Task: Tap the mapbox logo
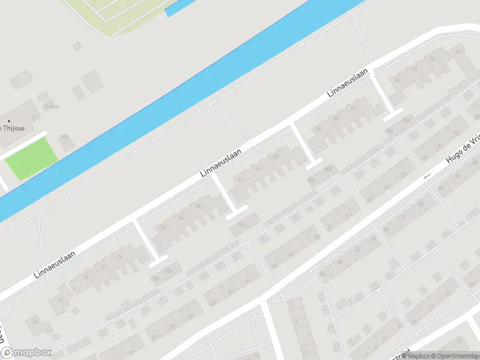point(26,353)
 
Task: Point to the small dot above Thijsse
point(8,121)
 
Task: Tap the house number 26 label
point(120,256)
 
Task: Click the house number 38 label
point(198,206)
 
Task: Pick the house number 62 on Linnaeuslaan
point(353,108)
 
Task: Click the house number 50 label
point(275,157)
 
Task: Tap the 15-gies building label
point(50,106)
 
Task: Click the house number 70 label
point(415,69)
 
